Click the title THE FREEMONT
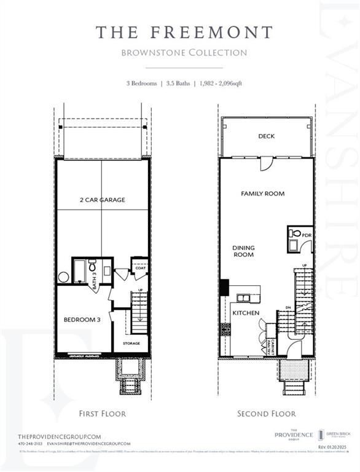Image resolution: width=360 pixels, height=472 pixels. pyautogui.click(x=183, y=33)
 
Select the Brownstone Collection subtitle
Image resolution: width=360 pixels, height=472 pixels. pyautogui.click(x=183, y=52)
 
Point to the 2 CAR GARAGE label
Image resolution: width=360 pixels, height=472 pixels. pyautogui.click(x=102, y=200)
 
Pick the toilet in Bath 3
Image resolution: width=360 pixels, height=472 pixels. pyautogui.click(x=93, y=267)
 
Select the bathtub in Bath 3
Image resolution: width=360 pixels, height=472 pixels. pyautogui.click(x=80, y=271)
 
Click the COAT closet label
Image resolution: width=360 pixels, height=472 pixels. pyautogui.click(x=139, y=269)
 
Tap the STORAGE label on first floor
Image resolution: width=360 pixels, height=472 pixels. pyautogui.click(x=131, y=344)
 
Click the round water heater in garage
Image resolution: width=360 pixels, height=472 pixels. pyautogui.click(x=64, y=277)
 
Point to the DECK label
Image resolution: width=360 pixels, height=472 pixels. pyautogui.click(x=266, y=136)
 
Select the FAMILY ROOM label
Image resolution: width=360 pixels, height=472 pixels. pyautogui.click(x=262, y=194)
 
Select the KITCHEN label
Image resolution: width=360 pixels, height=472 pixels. pyautogui.click(x=245, y=313)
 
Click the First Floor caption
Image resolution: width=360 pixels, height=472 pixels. pyautogui.click(x=103, y=414)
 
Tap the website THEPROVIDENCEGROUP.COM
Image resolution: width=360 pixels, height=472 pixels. pyautogui.click(x=60, y=435)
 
